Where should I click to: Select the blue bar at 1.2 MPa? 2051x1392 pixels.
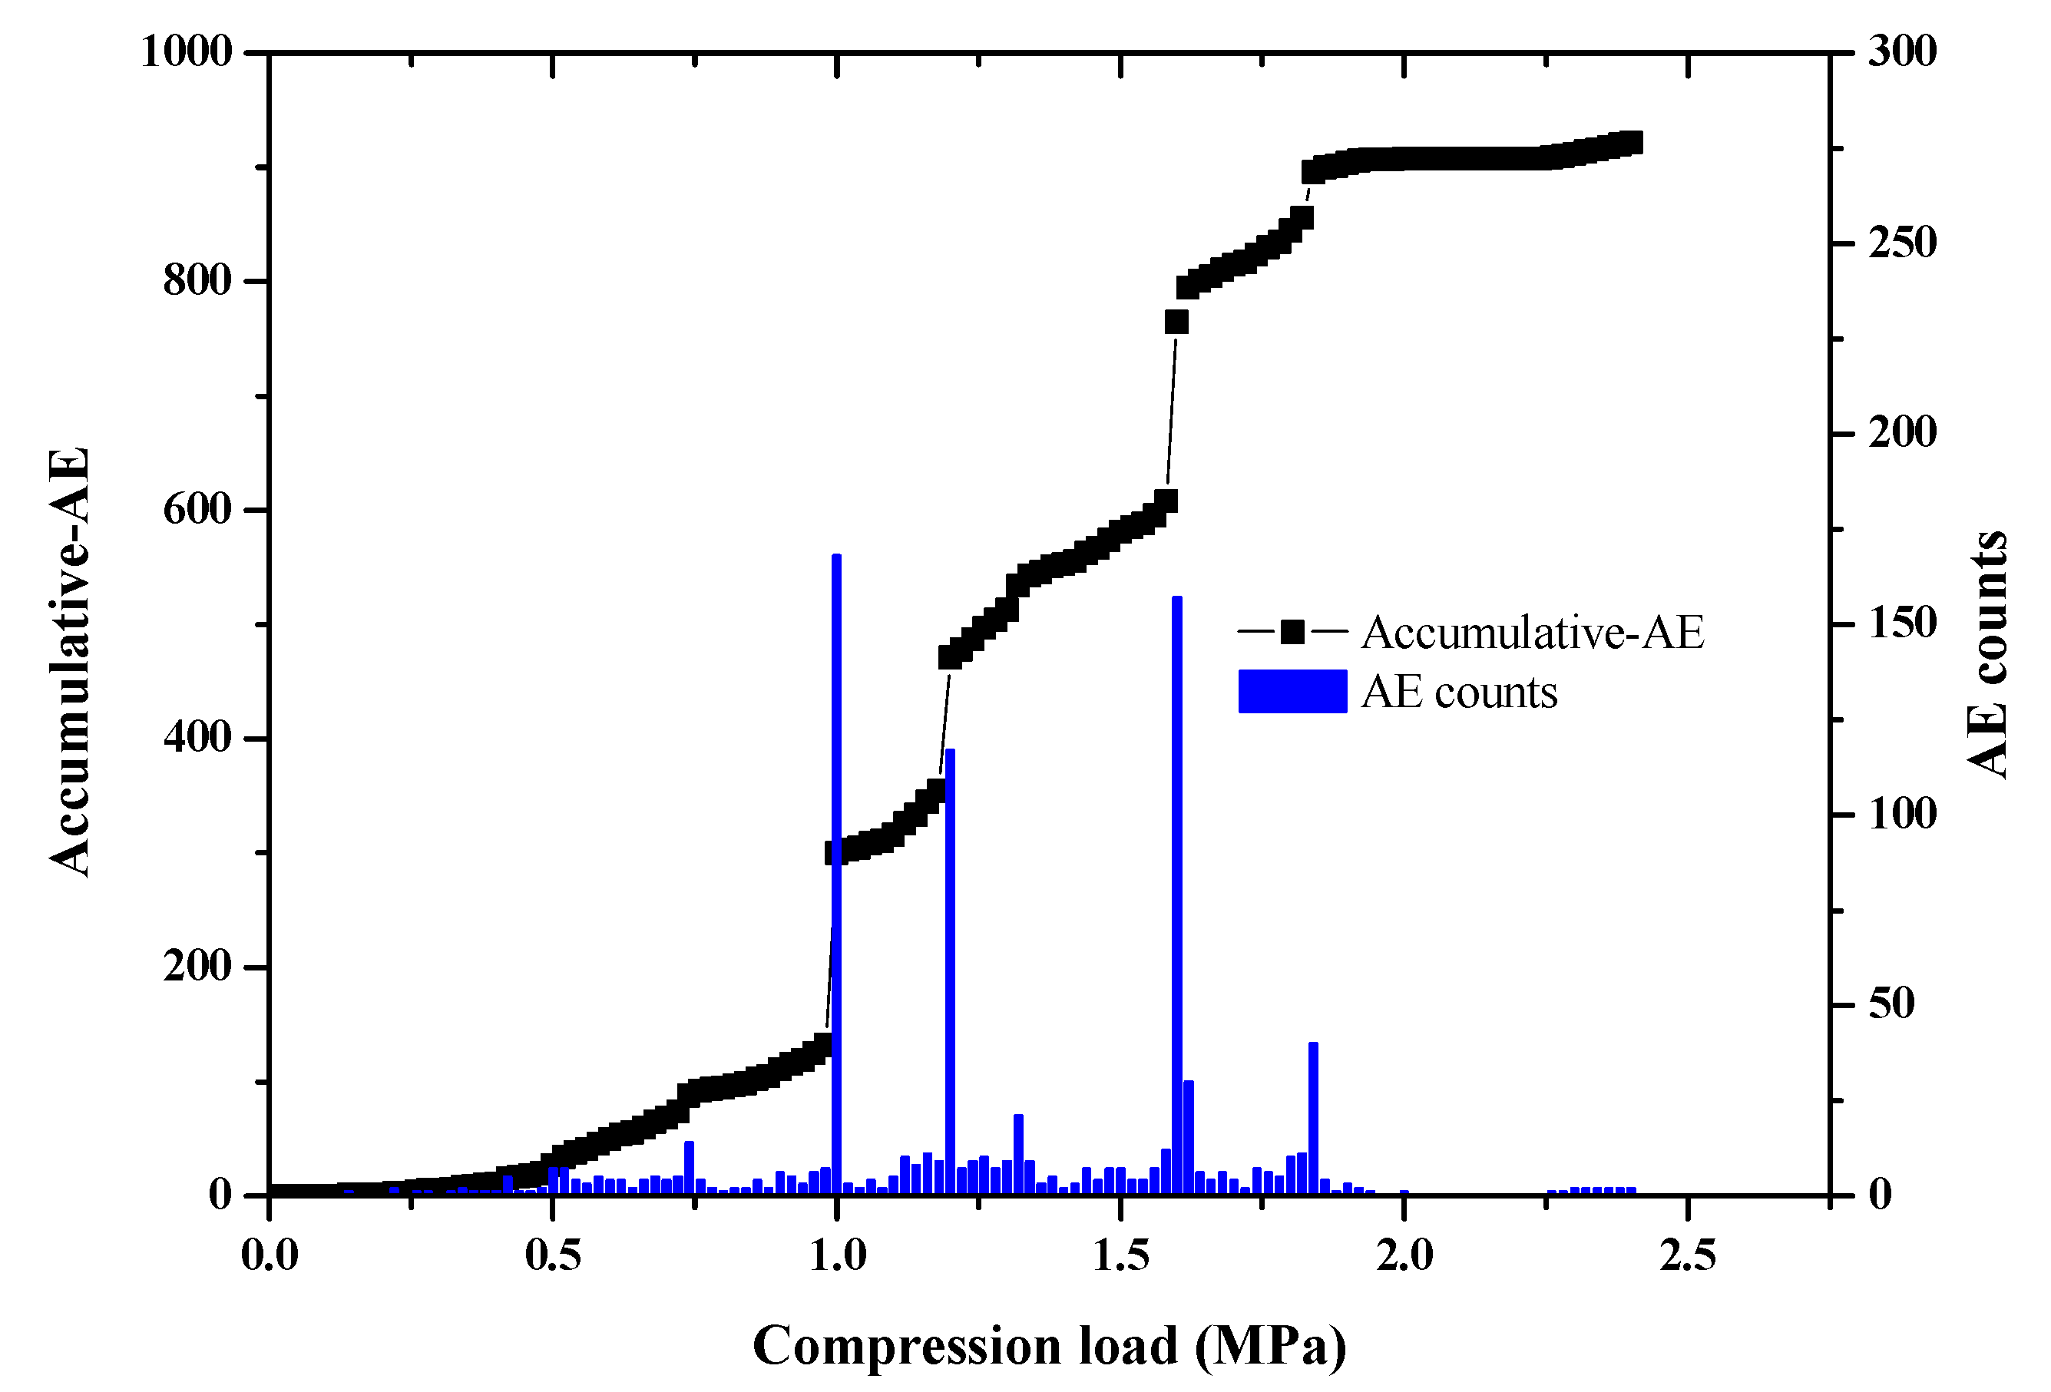pyautogui.click(x=950, y=971)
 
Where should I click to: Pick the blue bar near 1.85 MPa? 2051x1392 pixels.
pyautogui.click(x=1313, y=1119)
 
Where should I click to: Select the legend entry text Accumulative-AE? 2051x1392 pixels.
pyautogui.click(x=1532, y=632)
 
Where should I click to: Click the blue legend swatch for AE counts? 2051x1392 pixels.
pyautogui.click(x=1292, y=691)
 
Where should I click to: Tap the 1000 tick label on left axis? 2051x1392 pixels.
pyautogui.click(x=187, y=52)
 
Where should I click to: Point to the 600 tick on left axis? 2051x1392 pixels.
pyautogui.click(x=197, y=509)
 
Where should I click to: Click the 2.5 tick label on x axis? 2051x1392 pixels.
pyautogui.click(x=1686, y=1255)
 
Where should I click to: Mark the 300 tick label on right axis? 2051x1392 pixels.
pyautogui.click(x=1901, y=52)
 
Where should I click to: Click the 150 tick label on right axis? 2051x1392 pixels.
pyautogui.click(x=1901, y=624)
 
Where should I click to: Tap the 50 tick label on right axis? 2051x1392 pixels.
pyautogui.click(x=1891, y=1004)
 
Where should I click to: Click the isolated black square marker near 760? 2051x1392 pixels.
pyautogui.click(x=1176, y=322)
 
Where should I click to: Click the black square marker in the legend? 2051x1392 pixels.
pyautogui.click(x=1292, y=632)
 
